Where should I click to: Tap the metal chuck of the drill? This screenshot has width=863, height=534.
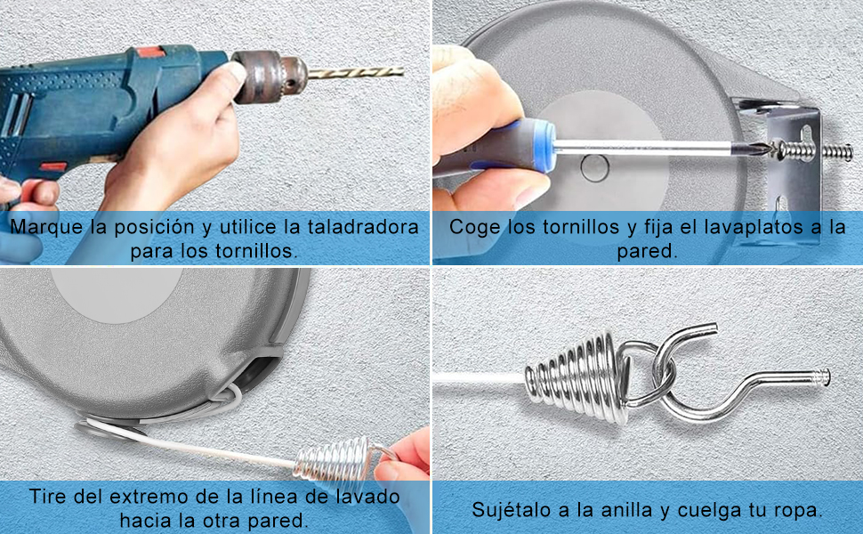tap(268, 76)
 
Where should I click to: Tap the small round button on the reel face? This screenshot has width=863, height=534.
tap(593, 166)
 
